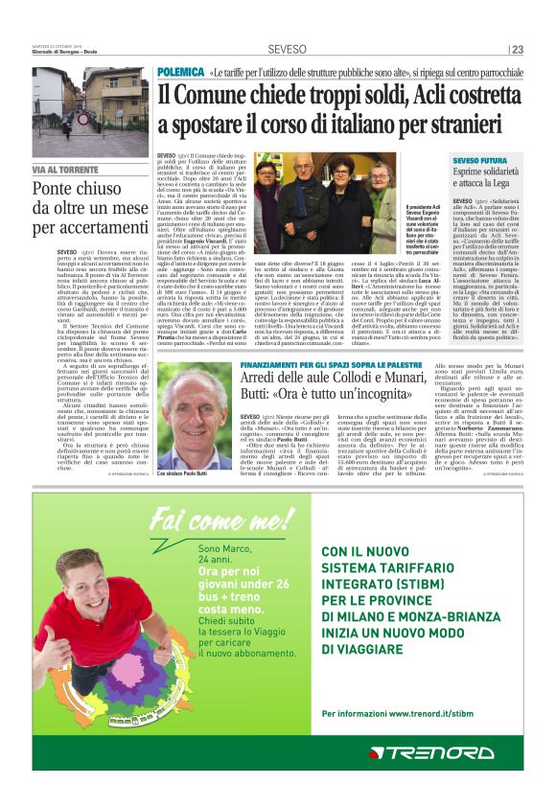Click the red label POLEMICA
pyautogui.click(x=179, y=72)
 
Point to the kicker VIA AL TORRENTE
pyautogui.click(x=66, y=169)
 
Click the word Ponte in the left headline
pyautogui.click(x=55, y=190)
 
